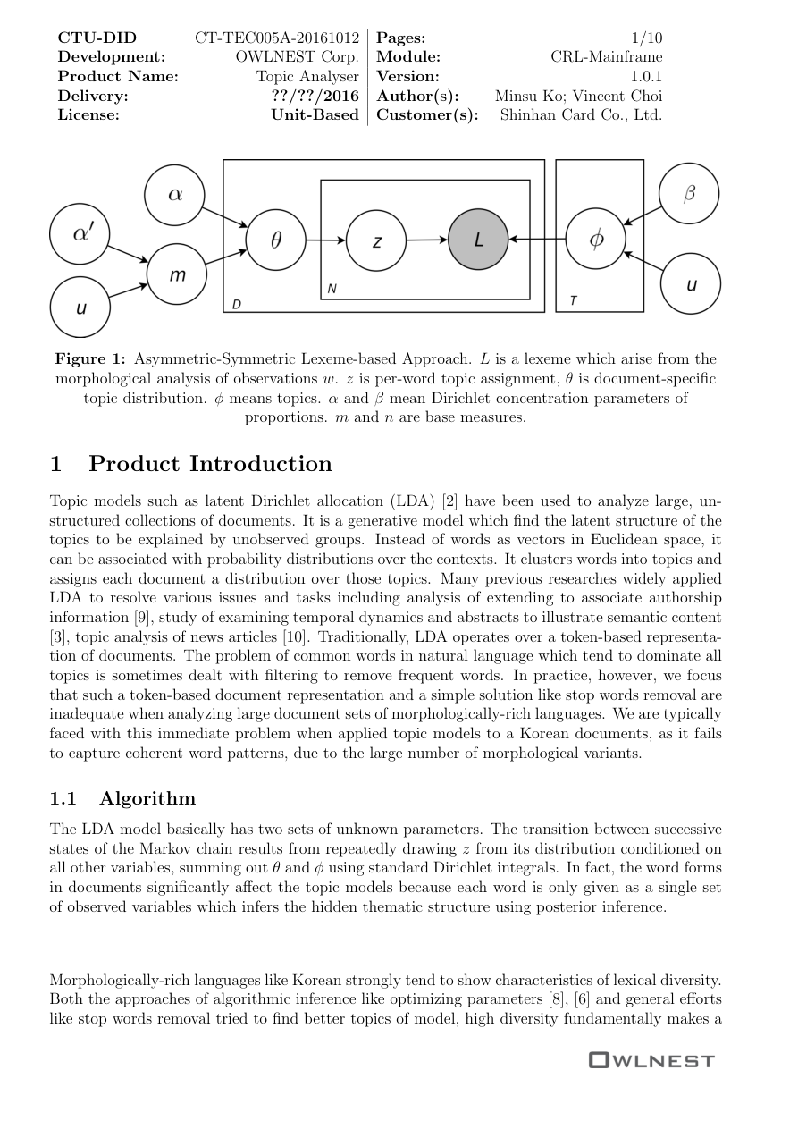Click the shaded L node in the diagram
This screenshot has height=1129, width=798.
pyautogui.click(x=478, y=240)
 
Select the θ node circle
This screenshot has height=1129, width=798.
pyautogui.click(x=275, y=240)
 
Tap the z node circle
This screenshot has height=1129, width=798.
pyautogui.click(x=376, y=240)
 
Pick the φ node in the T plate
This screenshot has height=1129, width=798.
pyautogui.click(x=596, y=239)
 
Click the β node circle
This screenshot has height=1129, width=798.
pyautogui.click(x=689, y=194)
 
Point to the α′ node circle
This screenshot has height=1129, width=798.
pyautogui.click(x=80, y=233)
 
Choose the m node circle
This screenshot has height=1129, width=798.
pyautogui.click(x=177, y=274)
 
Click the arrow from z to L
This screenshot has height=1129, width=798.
pyautogui.click(x=427, y=240)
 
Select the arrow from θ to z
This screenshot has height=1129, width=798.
pyautogui.click(x=326, y=240)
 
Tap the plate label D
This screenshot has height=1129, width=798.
pyautogui.click(x=237, y=305)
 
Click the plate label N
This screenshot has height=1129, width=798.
pyautogui.click(x=332, y=289)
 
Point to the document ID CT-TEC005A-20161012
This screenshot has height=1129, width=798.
pyautogui.click(x=277, y=38)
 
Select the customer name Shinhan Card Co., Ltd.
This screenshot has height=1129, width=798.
pyautogui.click(x=581, y=115)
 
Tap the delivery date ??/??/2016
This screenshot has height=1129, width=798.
pyautogui.click(x=315, y=97)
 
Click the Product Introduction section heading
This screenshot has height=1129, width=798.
pyautogui.click(x=210, y=464)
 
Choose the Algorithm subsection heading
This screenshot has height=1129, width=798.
pyautogui.click(x=147, y=798)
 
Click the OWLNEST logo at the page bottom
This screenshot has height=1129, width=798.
pyautogui.click(x=651, y=1061)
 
